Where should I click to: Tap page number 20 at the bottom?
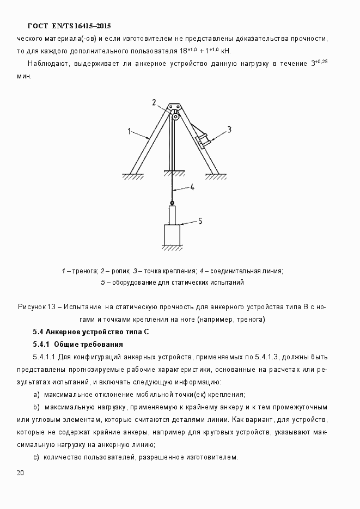coord(20,473)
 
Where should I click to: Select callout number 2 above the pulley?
coord(154,102)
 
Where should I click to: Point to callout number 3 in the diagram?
coord(229,130)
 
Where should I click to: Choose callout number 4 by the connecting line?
coord(192,188)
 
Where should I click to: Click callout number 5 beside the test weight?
coord(199,220)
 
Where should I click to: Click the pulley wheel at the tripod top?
coord(175,115)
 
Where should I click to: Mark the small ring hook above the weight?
coord(172,203)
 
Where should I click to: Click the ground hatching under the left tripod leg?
coord(133,176)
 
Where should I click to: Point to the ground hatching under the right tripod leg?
coord(216,176)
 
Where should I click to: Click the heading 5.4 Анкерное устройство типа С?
coord(90,332)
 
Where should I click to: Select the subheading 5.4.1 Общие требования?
coord(77,344)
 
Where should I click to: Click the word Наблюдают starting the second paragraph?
coord(48,64)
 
